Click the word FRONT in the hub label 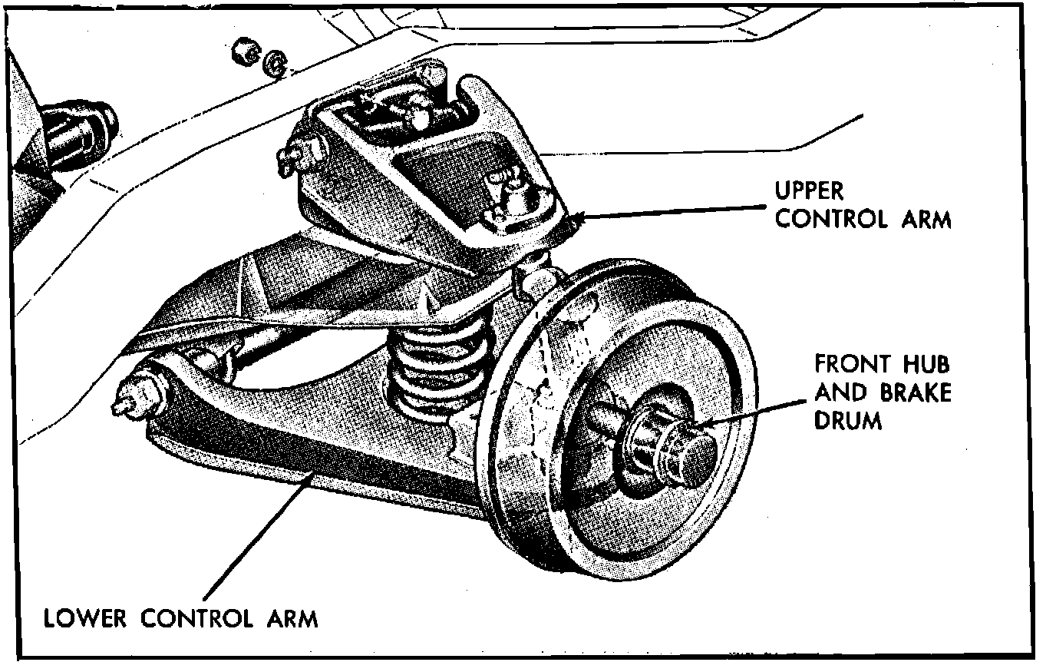pos(850,363)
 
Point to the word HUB pos(924,363)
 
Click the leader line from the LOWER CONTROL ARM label pos(253,538)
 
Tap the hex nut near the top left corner pos(243,53)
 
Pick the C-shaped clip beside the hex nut pos(274,65)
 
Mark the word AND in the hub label pos(840,392)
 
